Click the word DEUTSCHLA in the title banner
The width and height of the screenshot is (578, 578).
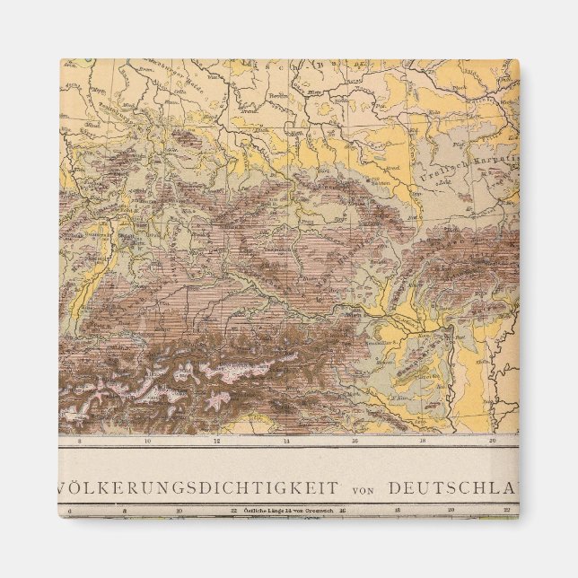click(x=453, y=488)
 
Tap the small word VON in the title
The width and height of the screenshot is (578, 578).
click(x=363, y=489)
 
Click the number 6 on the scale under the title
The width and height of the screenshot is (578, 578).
click(x=70, y=511)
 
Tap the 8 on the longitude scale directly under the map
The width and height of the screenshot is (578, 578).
click(x=79, y=442)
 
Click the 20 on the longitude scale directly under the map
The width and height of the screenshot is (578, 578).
click(x=492, y=442)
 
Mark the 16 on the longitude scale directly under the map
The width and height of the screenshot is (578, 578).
click(x=356, y=442)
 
